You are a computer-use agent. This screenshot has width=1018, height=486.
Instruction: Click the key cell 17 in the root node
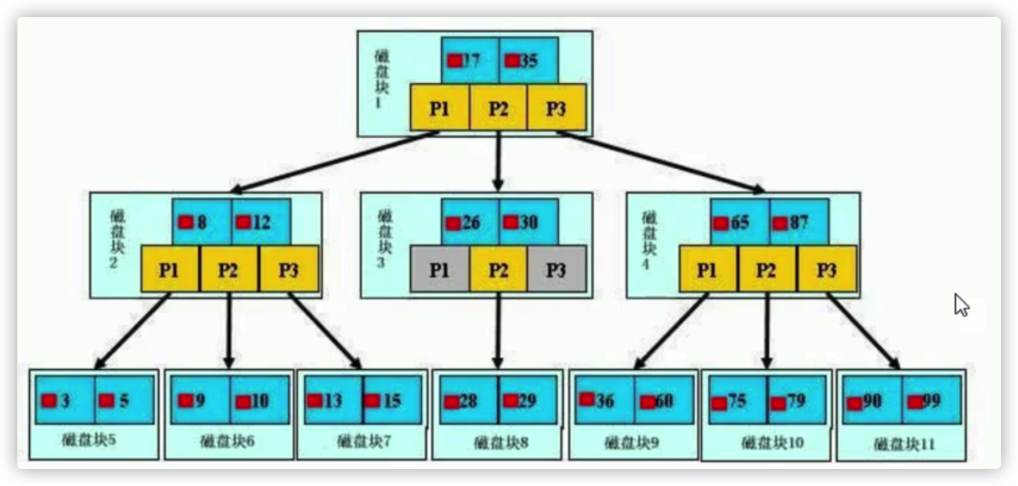tap(469, 60)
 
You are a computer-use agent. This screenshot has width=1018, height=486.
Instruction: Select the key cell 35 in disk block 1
tap(528, 60)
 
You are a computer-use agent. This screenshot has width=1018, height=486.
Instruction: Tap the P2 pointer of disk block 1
tap(498, 109)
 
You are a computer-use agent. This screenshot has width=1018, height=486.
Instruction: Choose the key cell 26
tap(469, 222)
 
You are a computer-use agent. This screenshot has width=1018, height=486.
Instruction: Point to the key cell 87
tap(798, 222)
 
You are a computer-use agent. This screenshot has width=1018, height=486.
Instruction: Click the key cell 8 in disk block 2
tap(202, 222)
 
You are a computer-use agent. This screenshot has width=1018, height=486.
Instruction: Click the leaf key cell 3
tap(65, 401)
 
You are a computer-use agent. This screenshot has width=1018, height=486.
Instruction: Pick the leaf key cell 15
tap(392, 401)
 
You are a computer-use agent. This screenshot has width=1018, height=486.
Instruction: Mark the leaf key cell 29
tap(527, 401)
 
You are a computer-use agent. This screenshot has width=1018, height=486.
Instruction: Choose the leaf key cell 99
tap(931, 401)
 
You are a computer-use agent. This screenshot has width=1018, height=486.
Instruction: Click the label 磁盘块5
tap(89, 440)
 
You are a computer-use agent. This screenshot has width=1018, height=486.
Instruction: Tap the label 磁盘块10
tap(772, 443)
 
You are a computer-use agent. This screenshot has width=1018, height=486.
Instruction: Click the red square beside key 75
tap(719, 404)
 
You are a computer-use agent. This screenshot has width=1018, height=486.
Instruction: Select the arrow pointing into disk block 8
tap(498, 330)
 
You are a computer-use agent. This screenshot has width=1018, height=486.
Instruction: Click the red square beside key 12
tap(243, 222)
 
